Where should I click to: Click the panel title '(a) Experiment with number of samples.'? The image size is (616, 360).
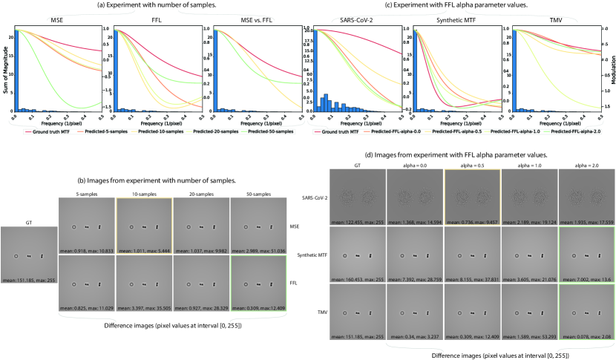click(x=151, y=7)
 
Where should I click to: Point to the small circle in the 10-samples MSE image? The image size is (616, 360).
click(x=131, y=226)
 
